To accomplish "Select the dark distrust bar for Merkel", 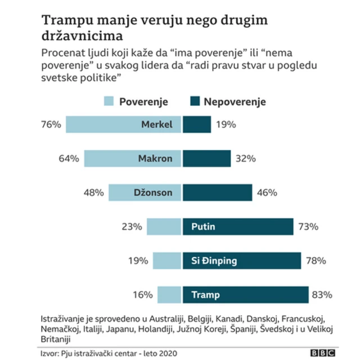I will pyautogui.click(x=197, y=124).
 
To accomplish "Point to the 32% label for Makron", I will pyautogui.click(x=245, y=159).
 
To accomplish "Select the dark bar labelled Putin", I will pyautogui.click(x=238, y=227).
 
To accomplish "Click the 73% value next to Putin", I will pyautogui.click(x=308, y=227).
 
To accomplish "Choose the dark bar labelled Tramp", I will pyautogui.click(x=245, y=295).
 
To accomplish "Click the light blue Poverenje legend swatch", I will pyautogui.click(x=109, y=102).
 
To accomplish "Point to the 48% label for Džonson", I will pyautogui.click(x=93, y=192).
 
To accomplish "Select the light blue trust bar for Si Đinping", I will pyautogui.click(x=167, y=260).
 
